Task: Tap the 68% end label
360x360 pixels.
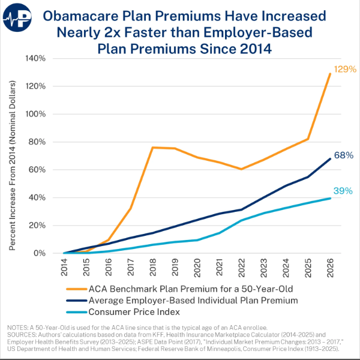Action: [x=342, y=155]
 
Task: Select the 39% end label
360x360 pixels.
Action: [x=342, y=191]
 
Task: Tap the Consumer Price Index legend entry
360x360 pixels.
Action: [x=134, y=313]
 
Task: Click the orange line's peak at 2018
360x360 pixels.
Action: [x=153, y=147]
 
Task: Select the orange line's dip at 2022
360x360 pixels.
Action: [x=242, y=169]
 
